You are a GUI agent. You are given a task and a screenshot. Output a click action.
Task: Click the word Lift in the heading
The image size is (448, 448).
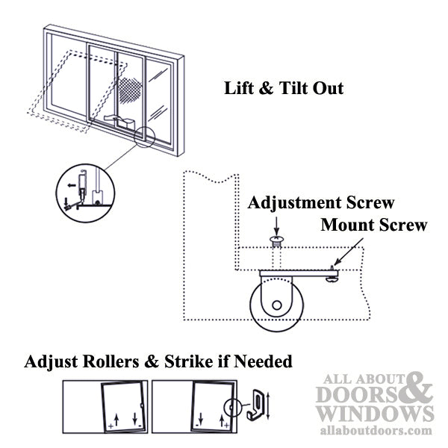[x=240, y=88]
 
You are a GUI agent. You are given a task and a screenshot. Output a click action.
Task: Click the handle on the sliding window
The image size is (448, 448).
[x=119, y=119]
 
